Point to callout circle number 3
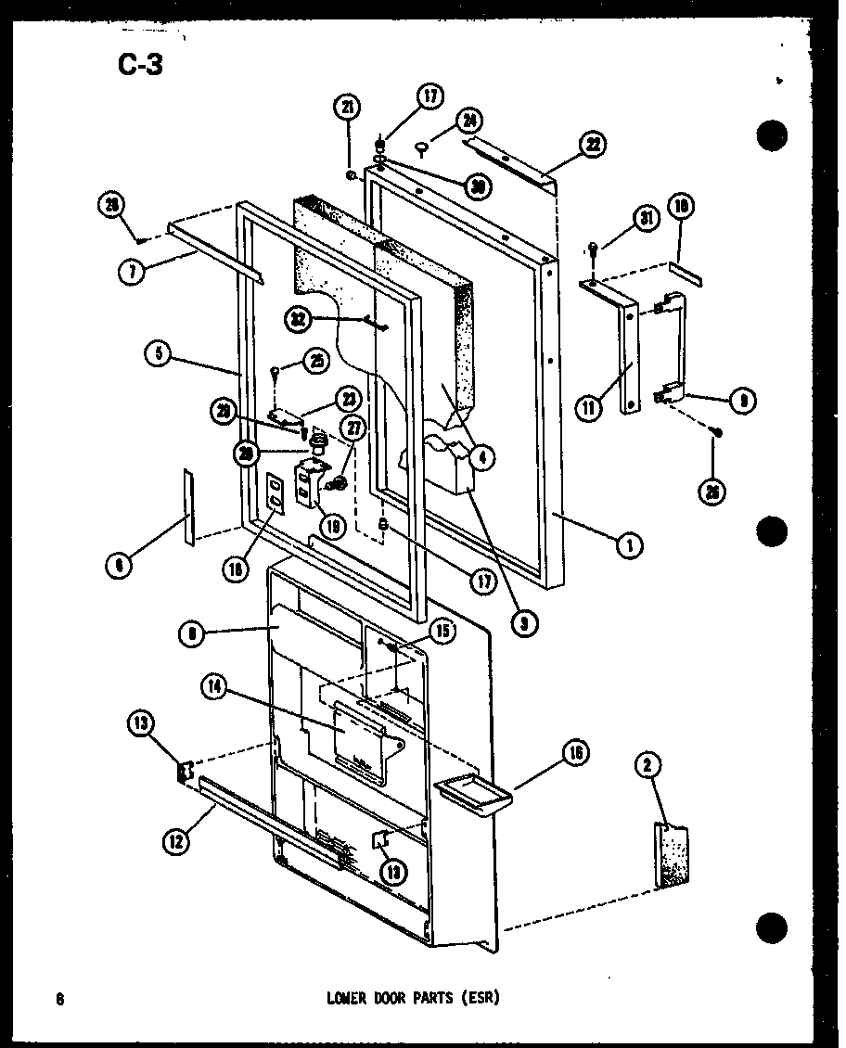[x=524, y=623]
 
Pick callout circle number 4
[x=482, y=455]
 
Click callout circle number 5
[x=159, y=354]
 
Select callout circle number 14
[x=212, y=687]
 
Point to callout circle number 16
[x=575, y=754]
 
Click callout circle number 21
[x=349, y=109]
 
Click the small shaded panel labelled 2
[x=673, y=856]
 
